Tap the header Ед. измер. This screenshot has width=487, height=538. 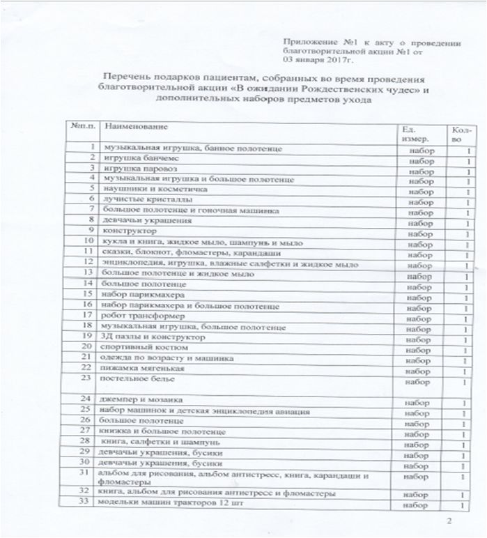pyautogui.click(x=416, y=134)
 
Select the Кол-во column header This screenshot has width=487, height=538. pyautogui.click(x=461, y=134)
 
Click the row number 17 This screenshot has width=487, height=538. pyautogui.click(x=88, y=315)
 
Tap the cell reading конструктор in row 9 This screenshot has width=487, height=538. pyautogui.click(x=129, y=230)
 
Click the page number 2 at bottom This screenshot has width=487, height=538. pyautogui.click(x=449, y=521)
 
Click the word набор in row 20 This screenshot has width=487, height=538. pyautogui.click(x=419, y=350)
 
